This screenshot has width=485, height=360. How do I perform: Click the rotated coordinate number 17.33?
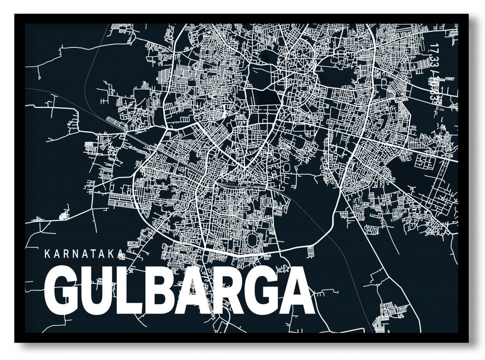coord(432,57)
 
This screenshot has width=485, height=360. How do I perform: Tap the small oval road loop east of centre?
coord(287,167)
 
